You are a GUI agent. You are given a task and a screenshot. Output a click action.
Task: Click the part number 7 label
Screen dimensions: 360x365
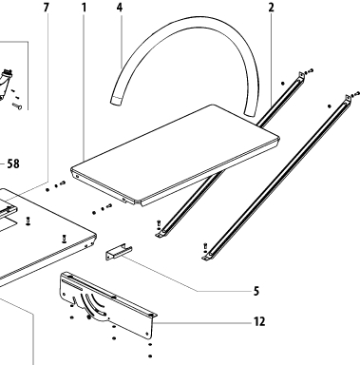[x=47, y=8]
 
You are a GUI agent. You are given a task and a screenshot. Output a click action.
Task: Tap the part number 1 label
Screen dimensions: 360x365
[x=84, y=8]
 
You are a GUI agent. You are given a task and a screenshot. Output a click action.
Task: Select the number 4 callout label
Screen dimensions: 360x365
[x=120, y=8]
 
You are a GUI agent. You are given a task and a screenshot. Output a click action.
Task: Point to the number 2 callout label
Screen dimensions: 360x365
[x=271, y=8]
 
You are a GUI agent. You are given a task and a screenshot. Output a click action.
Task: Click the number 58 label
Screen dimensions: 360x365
[x=13, y=163]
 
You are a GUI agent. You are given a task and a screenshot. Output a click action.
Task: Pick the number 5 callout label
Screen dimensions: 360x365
[x=256, y=291]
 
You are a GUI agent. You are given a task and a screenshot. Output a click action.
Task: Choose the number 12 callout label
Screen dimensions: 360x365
[x=259, y=321]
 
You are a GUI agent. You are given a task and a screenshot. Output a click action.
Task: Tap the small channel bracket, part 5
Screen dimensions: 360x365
[x=119, y=252]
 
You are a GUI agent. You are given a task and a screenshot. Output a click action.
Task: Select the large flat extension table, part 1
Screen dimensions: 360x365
[x=175, y=155]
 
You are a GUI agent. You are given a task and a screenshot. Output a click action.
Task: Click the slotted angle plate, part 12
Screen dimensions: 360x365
[x=107, y=305]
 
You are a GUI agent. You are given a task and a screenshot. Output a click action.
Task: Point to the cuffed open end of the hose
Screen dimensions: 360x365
[x=116, y=102]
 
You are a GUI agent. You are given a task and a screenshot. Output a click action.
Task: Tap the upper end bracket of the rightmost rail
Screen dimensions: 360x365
[x=348, y=98]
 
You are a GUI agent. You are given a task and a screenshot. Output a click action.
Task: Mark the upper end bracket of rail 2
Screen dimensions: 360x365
[x=300, y=76]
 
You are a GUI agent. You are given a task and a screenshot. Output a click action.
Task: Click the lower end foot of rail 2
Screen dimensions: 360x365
[x=161, y=234]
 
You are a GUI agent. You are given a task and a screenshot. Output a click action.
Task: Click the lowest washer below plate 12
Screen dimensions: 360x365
[x=150, y=356]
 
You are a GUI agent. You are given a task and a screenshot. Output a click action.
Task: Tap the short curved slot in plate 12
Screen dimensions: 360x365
[x=97, y=301]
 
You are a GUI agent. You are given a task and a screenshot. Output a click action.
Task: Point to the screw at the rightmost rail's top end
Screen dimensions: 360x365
[x=356, y=94]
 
